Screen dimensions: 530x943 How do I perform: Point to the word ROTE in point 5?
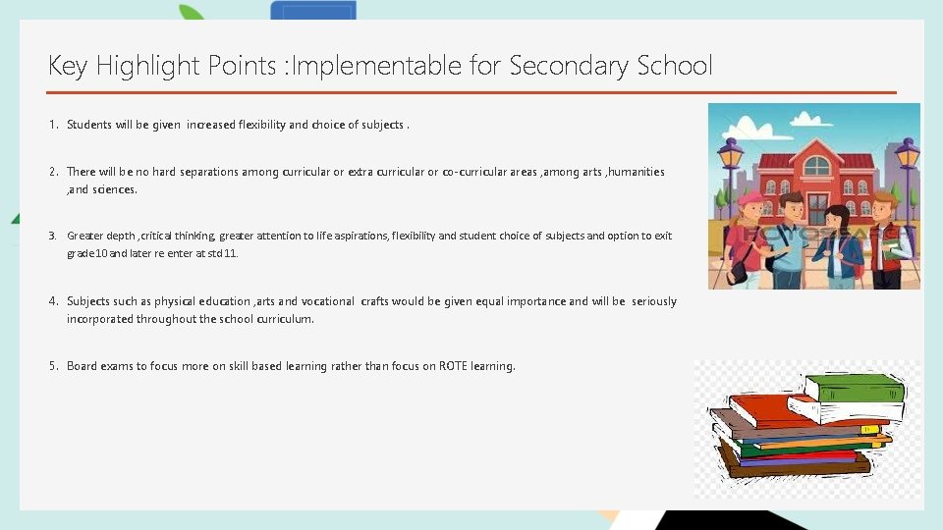(454, 366)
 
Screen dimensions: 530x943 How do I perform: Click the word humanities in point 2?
(637, 172)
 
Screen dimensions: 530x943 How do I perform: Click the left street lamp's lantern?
(730, 154)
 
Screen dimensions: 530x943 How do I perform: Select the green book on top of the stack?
(851, 389)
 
